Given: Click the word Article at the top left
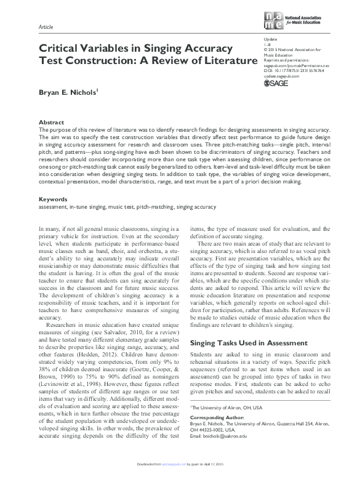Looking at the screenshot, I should pos(47,28).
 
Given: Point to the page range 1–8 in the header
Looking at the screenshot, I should pos(266,44).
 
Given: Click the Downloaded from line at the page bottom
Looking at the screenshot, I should pos(180,477).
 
